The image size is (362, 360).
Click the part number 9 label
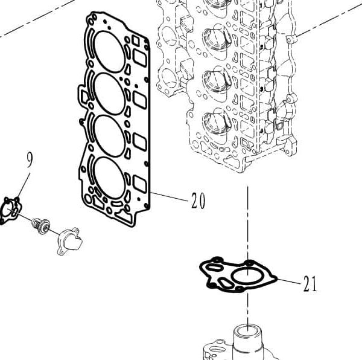(x=29, y=160)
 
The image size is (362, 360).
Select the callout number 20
(x=198, y=201)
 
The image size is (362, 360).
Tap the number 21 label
(x=310, y=284)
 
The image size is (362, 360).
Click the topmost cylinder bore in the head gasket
(x=110, y=51)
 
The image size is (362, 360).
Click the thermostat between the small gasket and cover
(x=41, y=226)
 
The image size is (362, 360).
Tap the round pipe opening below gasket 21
(x=248, y=332)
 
